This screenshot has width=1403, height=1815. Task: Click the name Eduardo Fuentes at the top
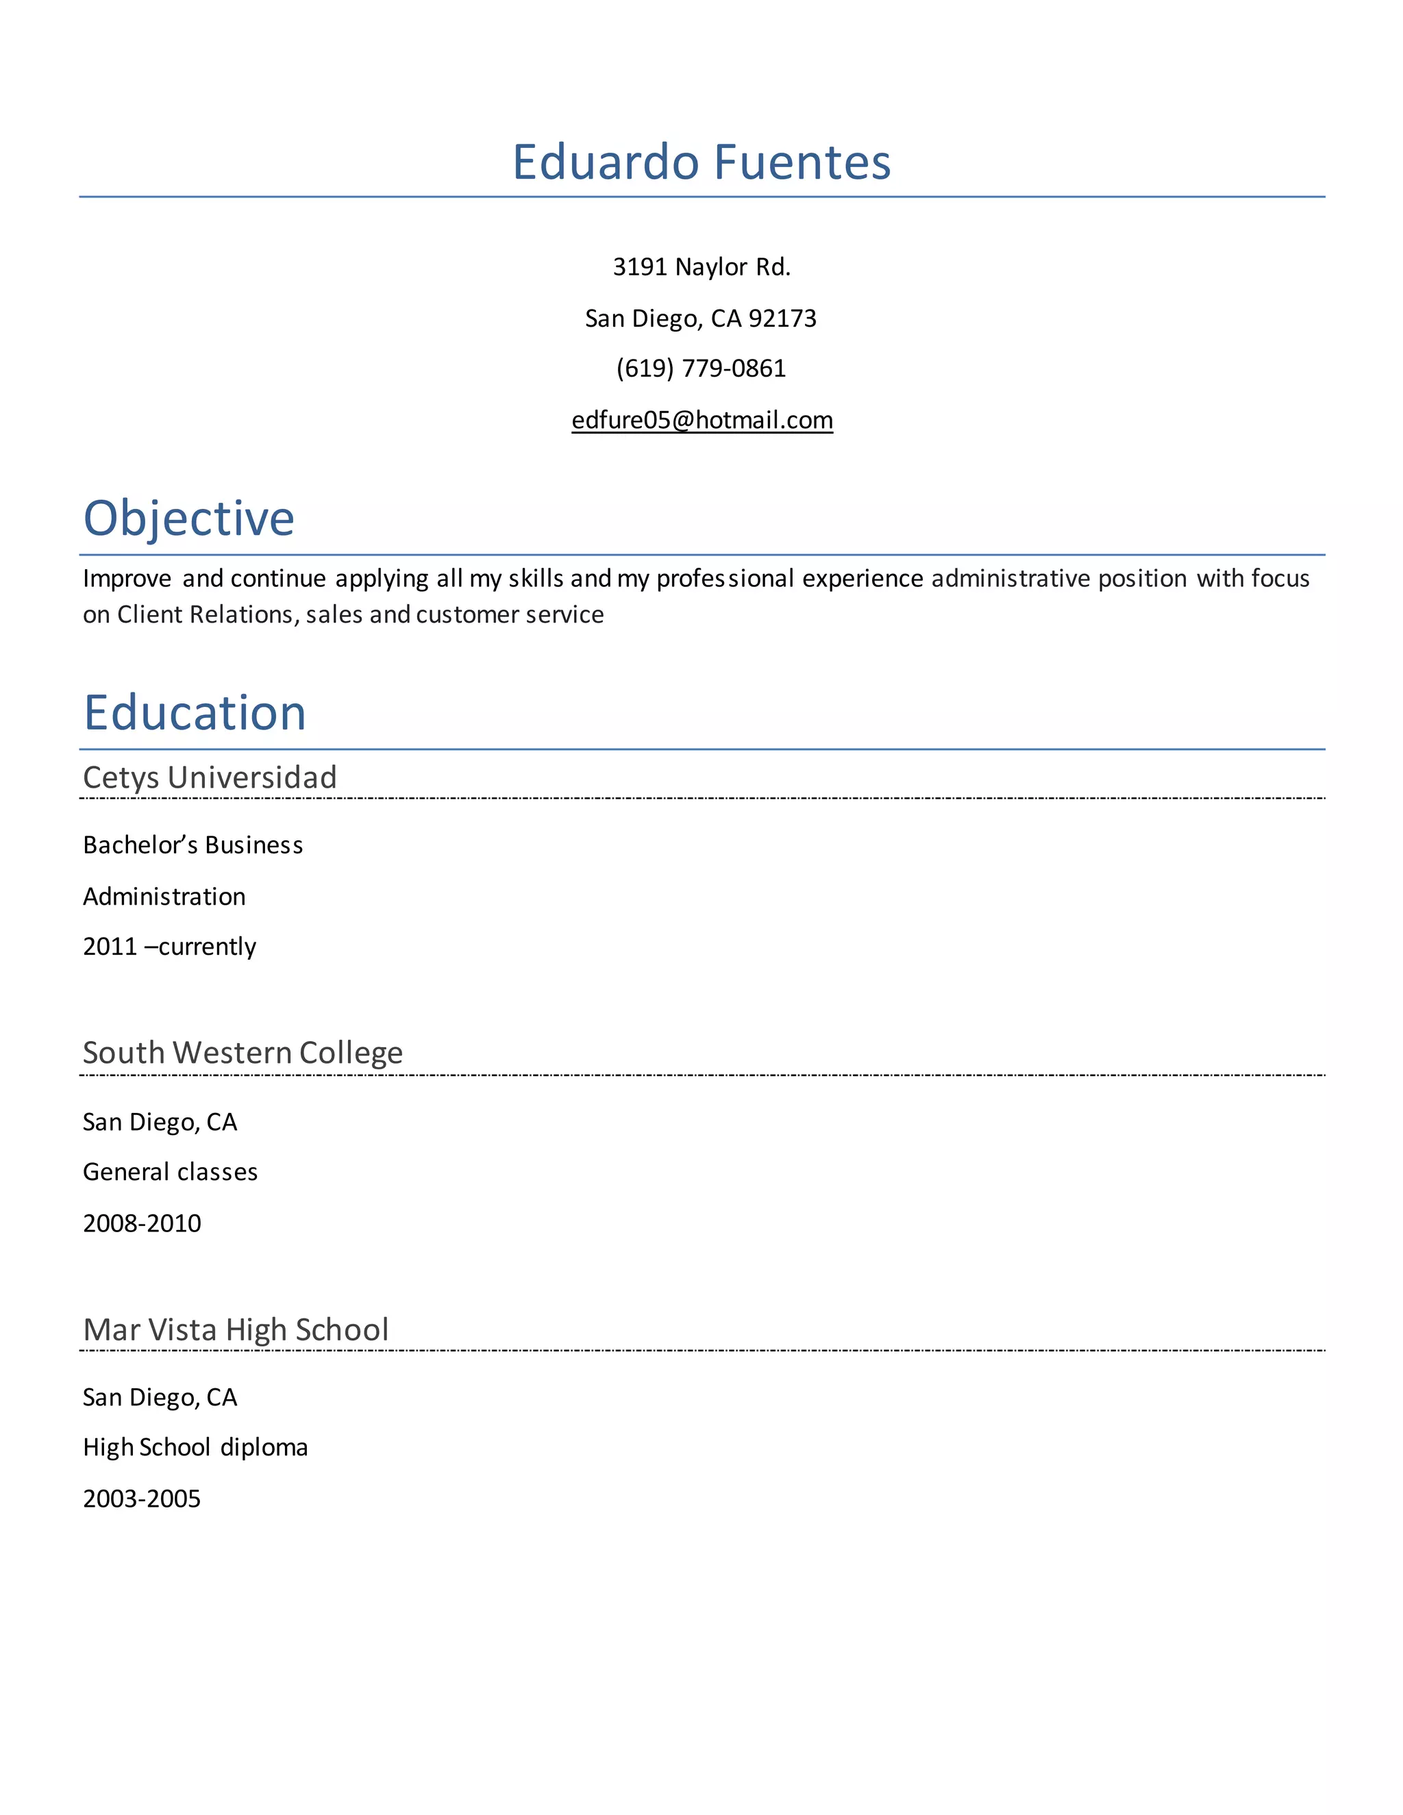[x=701, y=162]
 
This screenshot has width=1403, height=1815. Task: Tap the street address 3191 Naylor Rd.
[x=701, y=266]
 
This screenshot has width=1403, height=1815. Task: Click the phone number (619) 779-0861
[x=701, y=368]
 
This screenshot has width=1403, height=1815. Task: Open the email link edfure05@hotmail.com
[x=701, y=421]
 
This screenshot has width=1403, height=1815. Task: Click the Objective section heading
[x=188, y=518]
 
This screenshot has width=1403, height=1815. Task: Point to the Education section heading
[x=195, y=713]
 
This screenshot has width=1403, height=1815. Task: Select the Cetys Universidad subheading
[x=210, y=778]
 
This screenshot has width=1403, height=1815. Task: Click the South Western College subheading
[x=243, y=1053]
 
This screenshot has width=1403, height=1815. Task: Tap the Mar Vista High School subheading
[x=236, y=1329]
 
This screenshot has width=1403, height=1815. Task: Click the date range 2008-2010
[x=142, y=1223]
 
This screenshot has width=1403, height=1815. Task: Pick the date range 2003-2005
[x=142, y=1499]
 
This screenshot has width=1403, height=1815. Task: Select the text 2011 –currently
[x=170, y=947]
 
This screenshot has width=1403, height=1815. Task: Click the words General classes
[x=171, y=1172]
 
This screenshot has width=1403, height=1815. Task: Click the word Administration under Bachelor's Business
[x=164, y=897]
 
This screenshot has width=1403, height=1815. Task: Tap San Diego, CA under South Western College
[x=160, y=1122]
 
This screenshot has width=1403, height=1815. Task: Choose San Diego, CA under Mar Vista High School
[x=160, y=1397]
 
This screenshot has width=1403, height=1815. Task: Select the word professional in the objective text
[x=725, y=579]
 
